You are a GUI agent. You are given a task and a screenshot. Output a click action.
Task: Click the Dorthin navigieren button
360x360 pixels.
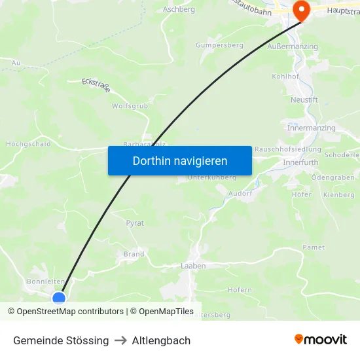[180, 160]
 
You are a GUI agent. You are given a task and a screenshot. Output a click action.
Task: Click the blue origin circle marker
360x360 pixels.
[59, 298]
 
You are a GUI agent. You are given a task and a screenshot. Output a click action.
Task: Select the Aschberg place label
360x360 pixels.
[179, 10]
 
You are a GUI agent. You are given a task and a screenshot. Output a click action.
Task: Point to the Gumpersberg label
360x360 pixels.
[219, 46]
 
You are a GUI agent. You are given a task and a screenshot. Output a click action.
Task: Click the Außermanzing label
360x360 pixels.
[293, 46]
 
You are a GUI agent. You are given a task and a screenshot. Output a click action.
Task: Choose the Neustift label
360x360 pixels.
[304, 99]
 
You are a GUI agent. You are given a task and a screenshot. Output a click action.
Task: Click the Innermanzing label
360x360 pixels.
[311, 128]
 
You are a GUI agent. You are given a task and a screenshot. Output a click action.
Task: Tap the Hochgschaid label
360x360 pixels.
[28, 144]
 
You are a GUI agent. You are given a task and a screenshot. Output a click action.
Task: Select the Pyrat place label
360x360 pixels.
[135, 223]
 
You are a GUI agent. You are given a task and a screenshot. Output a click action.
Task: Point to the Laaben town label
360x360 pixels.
[193, 266]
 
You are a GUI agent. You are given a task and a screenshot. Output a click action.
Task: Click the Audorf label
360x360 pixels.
[240, 194]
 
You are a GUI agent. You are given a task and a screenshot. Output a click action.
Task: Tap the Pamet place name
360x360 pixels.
[314, 247]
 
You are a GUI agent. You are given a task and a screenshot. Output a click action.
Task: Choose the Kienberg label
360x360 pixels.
[338, 195]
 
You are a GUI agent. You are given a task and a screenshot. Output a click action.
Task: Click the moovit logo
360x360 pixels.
[320, 340]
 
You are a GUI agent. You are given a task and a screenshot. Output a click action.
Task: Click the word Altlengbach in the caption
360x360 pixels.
[161, 340]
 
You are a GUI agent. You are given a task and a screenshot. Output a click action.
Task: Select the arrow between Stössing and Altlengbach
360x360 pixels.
[120, 340]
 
